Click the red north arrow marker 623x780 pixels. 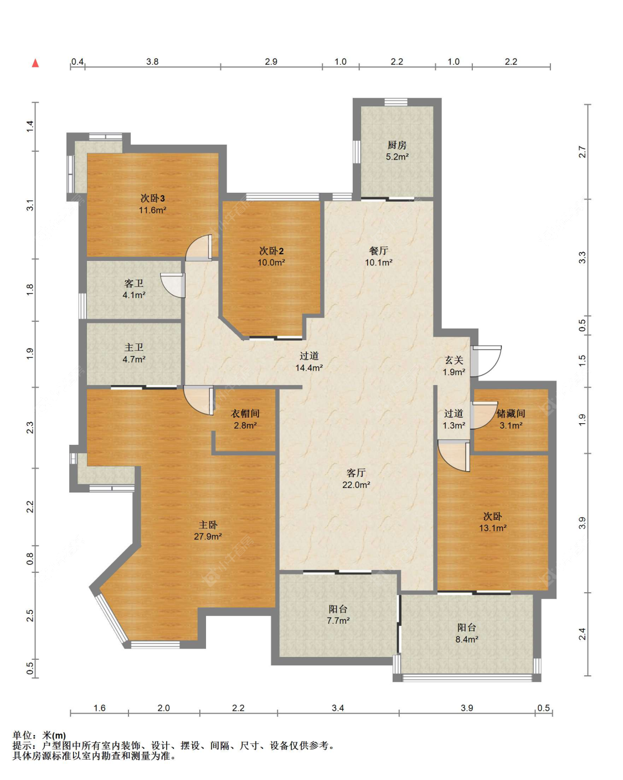[x=35, y=63]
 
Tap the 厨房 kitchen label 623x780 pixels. [x=397, y=145]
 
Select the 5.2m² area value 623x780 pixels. [x=397, y=157]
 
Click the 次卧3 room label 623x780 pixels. [x=153, y=198]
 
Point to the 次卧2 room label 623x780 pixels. [x=271, y=250]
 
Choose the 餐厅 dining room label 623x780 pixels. [x=379, y=250]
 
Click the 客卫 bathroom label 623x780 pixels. [x=133, y=283]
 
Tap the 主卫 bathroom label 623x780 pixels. [x=133, y=347]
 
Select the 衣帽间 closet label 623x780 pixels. [x=245, y=413]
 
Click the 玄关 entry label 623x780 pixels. [x=454, y=360]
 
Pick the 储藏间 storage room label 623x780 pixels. [x=511, y=413]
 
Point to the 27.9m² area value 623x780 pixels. [x=208, y=536]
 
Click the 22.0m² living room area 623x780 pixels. [x=356, y=485]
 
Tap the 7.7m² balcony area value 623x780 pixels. [x=338, y=620]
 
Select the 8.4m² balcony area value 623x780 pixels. [x=467, y=639]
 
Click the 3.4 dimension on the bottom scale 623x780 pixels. [x=338, y=708]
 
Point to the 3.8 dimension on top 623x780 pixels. [x=153, y=61]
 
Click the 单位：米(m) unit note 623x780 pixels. [x=39, y=736]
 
